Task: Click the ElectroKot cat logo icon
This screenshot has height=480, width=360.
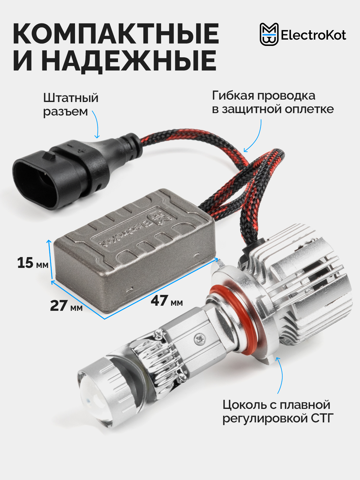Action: coord(269,34)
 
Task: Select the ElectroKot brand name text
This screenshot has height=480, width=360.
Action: coord(313,35)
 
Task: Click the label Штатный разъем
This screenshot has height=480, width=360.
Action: coord(70,105)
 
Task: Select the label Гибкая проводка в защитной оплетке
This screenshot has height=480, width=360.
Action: coord(273,102)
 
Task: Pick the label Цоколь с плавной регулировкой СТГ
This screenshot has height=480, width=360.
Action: coord(278,411)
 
